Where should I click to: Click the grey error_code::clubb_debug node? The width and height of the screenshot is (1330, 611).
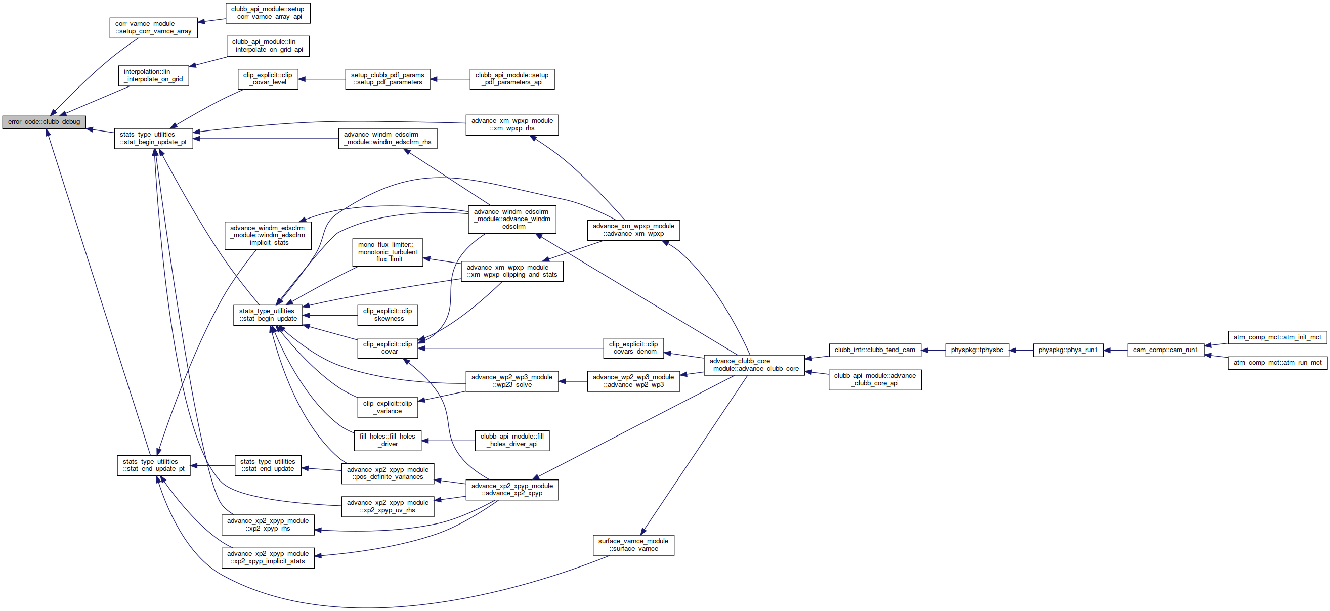pyautogui.click(x=44, y=122)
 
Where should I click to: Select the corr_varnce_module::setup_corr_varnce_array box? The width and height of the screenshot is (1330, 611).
pyautogui.click(x=153, y=28)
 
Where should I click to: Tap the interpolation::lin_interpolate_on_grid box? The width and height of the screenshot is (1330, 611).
pyautogui.click(x=153, y=76)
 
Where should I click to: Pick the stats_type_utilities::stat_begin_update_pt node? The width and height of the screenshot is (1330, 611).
pyautogui.click(x=153, y=138)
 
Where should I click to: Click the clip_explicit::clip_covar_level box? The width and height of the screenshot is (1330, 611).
pyautogui.click(x=268, y=79)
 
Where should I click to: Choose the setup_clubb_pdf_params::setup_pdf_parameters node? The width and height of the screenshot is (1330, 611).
pyautogui.click(x=388, y=79)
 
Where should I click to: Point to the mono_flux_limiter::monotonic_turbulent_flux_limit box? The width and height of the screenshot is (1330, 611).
pyautogui.click(x=388, y=252)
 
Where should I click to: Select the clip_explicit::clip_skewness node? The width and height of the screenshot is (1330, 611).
pyautogui.click(x=388, y=315)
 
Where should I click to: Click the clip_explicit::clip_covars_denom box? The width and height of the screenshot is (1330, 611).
pyautogui.click(x=633, y=348)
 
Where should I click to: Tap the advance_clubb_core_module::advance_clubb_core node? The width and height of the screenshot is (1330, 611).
pyautogui.click(x=754, y=365)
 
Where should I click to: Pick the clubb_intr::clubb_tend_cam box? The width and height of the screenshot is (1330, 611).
pyautogui.click(x=875, y=350)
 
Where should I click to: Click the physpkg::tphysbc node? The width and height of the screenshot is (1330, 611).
pyautogui.click(x=977, y=350)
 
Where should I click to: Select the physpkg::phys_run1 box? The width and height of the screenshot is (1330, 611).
pyautogui.click(x=1068, y=350)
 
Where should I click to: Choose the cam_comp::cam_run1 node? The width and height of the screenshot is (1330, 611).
pyautogui.click(x=1165, y=350)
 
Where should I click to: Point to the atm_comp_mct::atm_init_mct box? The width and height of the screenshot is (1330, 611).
pyautogui.click(x=1277, y=337)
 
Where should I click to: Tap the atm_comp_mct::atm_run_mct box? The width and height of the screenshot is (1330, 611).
pyautogui.click(x=1277, y=363)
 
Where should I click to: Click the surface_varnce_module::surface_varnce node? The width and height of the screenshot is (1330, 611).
pyautogui.click(x=633, y=545)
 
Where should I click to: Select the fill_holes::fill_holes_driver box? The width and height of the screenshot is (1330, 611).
pyautogui.click(x=388, y=440)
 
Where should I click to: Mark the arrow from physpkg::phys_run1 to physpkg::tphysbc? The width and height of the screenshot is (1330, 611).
pyautogui.click(x=1021, y=350)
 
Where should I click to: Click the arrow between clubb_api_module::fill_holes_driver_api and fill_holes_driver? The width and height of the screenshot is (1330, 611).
pyautogui.click(x=448, y=440)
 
